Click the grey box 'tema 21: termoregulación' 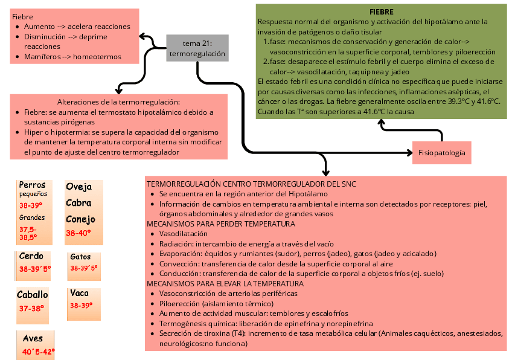[x=197, y=48]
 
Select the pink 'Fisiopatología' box [x=442, y=153]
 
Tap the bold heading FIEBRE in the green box [x=381, y=12]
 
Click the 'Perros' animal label [x=32, y=185]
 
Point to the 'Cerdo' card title [x=31, y=256]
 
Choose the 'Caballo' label [x=33, y=295]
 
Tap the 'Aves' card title [x=33, y=338]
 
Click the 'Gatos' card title [x=80, y=257]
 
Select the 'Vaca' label [x=80, y=294]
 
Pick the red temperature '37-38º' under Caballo [x=31, y=308]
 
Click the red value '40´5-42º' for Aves [x=39, y=352]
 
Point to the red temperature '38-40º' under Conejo [x=78, y=233]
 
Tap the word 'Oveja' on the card [x=79, y=187]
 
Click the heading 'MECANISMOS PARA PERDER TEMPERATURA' [x=221, y=224]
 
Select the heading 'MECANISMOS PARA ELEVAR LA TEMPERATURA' [x=225, y=283]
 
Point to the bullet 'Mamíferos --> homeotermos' [x=73, y=57]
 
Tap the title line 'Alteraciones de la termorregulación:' [x=119, y=102]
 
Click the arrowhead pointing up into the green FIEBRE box [x=381, y=123]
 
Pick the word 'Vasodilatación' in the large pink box [x=184, y=234]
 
